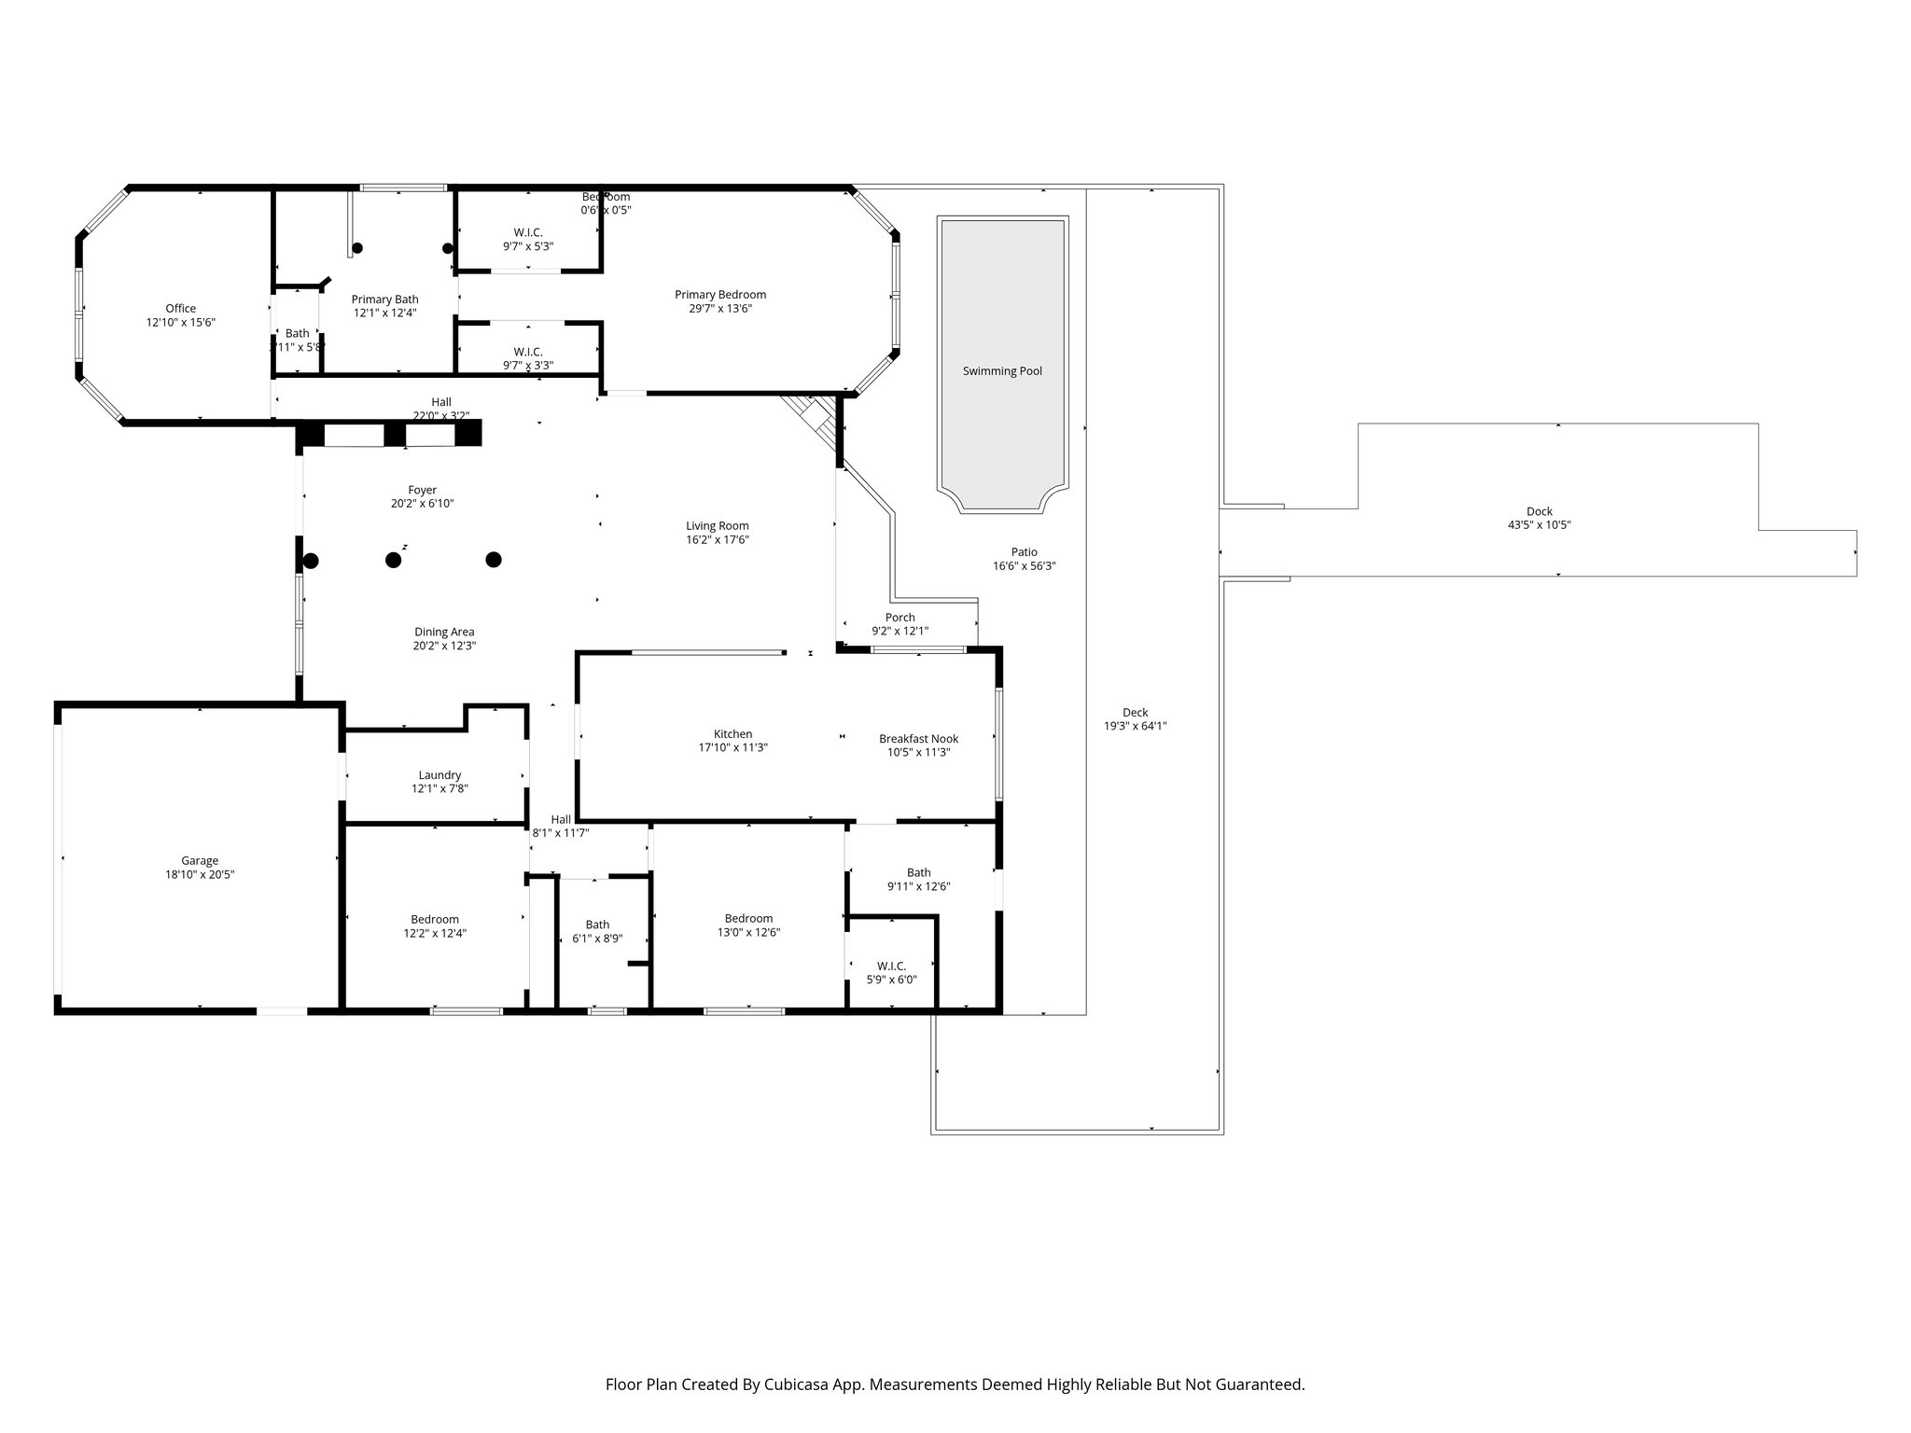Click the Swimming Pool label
tap(1002, 371)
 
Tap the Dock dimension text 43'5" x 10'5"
tap(1539, 525)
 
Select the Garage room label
tap(200, 861)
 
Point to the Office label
tap(181, 309)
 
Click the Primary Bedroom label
tap(719, 295)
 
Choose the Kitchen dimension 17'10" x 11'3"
tap(732, 747)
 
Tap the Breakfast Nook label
tap(918, 739)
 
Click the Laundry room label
tap(439, 775)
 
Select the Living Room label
tap(717, 526)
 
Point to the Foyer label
tap(422, 490)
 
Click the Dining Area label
tap(444, 632)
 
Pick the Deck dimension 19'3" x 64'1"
tap(1135, 726)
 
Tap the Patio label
tap(1024, 552)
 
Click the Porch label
tap(900, 618)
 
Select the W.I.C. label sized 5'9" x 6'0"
tap(891, 966)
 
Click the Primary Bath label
tap(384, 299)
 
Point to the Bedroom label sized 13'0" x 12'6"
tap(748, 918)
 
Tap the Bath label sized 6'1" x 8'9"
tap(597, 925)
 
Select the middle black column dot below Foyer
tap(394, 560)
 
